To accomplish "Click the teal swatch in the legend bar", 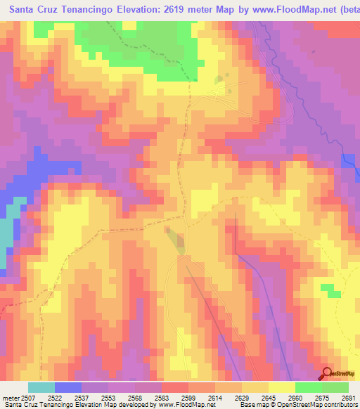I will [x=41, y=388].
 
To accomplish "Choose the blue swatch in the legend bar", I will [x=68, y=388].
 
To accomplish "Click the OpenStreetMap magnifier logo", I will [x=327, y=374].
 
